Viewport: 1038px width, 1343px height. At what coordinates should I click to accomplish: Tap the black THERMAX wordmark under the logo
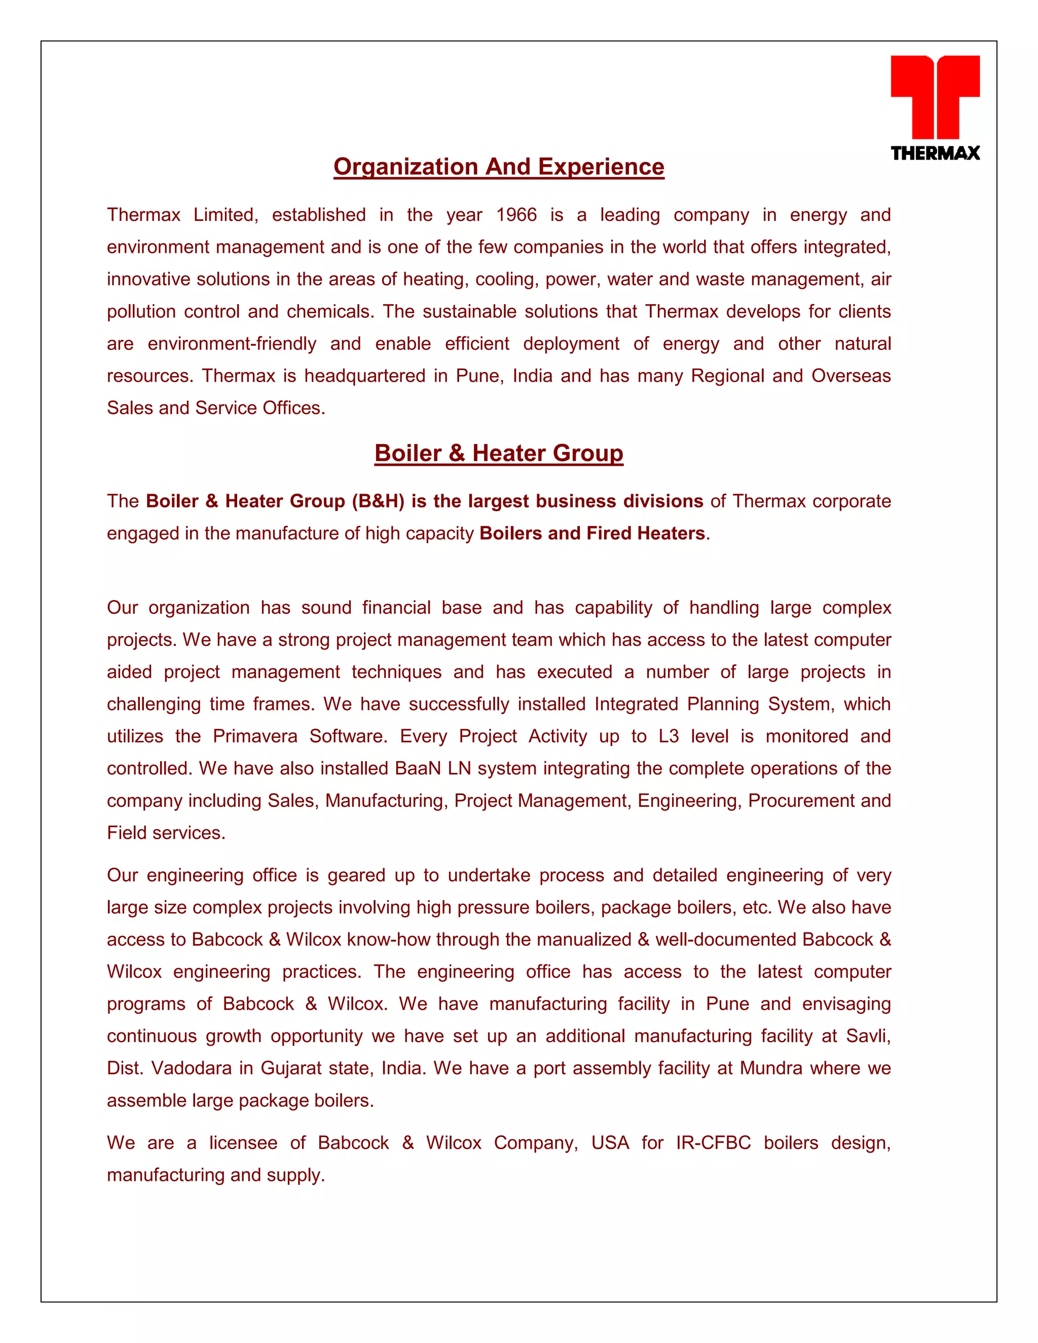pyautogui.click(x=935, y=153)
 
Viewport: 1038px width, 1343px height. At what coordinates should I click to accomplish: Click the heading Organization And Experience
pyautogui.click(x=499, y=167)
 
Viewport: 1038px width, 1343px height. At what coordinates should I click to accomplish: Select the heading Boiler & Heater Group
pyautogui.click(x=499, y=453)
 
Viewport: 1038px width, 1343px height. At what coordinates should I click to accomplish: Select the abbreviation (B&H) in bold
pyautogui.click(x=378, y=501)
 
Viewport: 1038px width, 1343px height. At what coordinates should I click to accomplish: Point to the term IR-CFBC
pyautogui.click(x=713, y=1142)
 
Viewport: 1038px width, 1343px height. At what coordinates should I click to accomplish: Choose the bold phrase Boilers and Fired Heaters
pyautogui.click(x=591, y=533)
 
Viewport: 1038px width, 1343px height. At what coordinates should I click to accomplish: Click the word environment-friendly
pyautogui.click(x=232, y=344)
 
